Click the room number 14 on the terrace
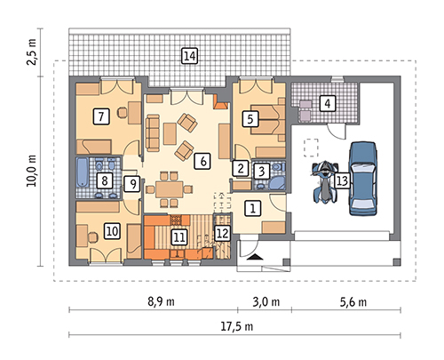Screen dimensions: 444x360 tap(189, 56)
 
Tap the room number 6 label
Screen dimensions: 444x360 tap(202, 161)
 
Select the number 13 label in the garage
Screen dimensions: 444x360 tap(342, 180)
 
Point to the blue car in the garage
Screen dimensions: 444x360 tap(363, 179)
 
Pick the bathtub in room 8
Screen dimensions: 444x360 tap(83, 172)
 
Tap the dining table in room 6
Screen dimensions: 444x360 tap(170, 189)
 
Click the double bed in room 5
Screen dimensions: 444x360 tap(267, 119)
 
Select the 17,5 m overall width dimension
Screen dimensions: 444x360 tap(237, 326)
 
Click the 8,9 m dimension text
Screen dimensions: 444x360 tap(161, 301)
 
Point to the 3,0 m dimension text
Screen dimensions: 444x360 tap(266, 302)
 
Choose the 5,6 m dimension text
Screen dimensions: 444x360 tap(353, 302)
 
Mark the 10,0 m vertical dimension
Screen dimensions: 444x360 tap(31, 171)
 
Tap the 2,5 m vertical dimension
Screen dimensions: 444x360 tap(31, 52)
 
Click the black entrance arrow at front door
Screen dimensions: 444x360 tap(255, 257)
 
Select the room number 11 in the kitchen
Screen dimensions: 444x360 tap(179, 237)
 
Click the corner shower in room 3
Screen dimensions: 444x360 tap(277, 183)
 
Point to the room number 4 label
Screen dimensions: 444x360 tap(328, 103)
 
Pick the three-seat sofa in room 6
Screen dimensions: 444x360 tap(153, 133)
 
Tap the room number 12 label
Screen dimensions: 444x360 tap(222, 234)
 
